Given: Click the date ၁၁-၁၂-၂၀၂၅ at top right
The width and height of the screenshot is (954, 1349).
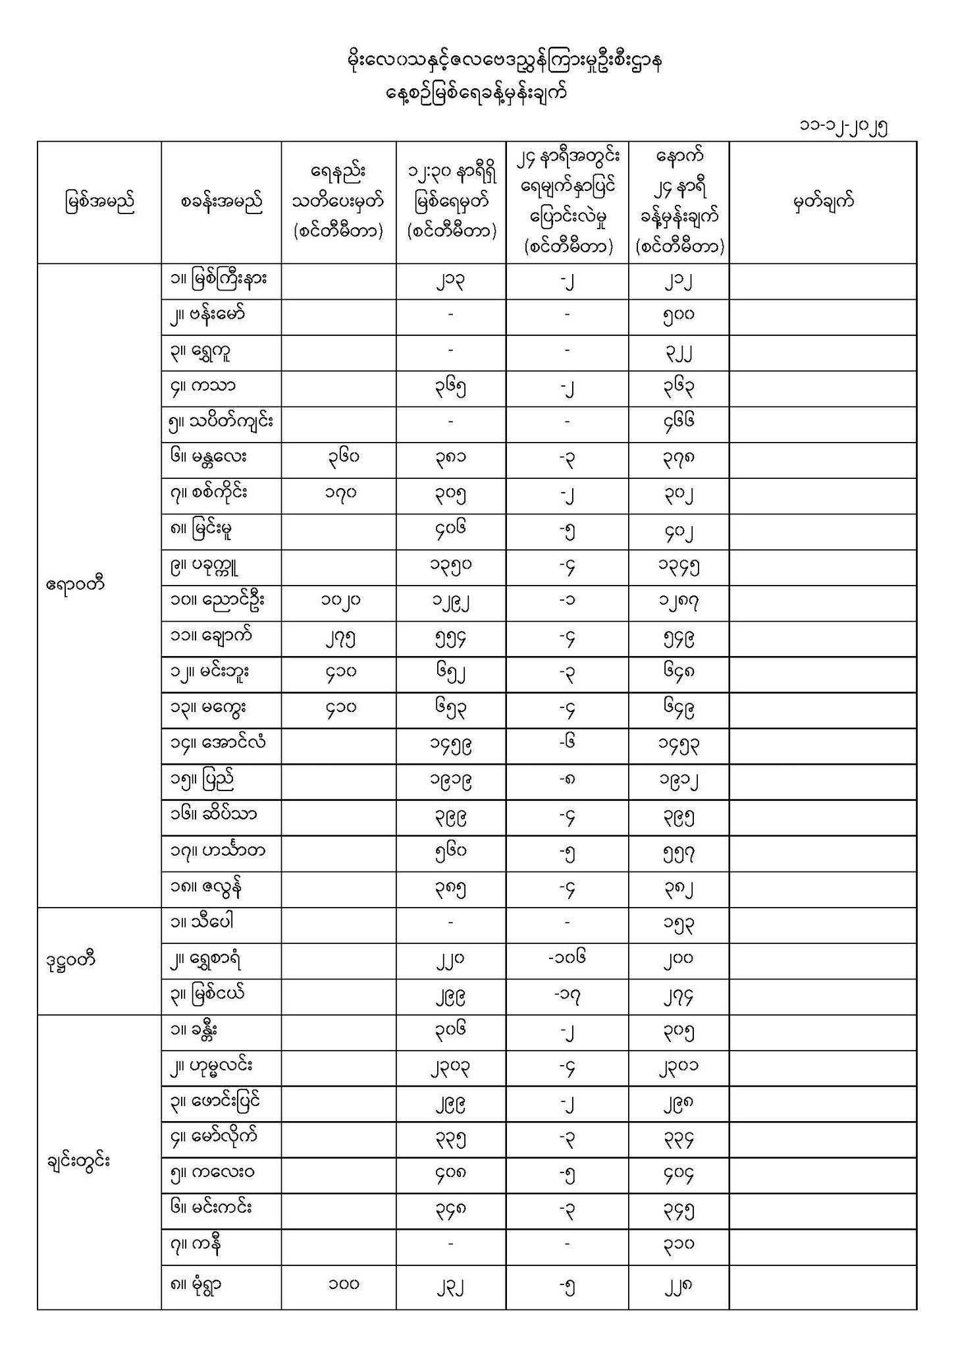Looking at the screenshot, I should [x=843, y=126].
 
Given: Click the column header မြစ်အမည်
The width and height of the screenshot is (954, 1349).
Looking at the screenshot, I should [x=99, y=202].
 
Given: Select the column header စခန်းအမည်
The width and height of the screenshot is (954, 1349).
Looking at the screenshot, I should [x=221, y=202].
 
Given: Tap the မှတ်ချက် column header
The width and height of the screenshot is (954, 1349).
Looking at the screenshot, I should [x=823, y=202].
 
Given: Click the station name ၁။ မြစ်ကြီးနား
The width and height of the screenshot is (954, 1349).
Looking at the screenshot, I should [x=218, y=281].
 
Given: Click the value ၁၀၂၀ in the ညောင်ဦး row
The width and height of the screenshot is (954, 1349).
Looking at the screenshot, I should [x=340, y=601].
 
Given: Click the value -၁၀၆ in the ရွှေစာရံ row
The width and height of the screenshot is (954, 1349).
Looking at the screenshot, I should [x=567, y=958].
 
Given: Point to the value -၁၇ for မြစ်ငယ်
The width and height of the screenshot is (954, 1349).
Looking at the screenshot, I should [x=567, y=995].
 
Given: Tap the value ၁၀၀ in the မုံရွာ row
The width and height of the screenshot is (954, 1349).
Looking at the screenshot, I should [x=343, y=1283].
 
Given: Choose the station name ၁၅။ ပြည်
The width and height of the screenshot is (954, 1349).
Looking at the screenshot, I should [x=201, y=781].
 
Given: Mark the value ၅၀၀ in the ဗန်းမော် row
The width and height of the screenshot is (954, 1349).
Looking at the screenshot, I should [x=679, y=316].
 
